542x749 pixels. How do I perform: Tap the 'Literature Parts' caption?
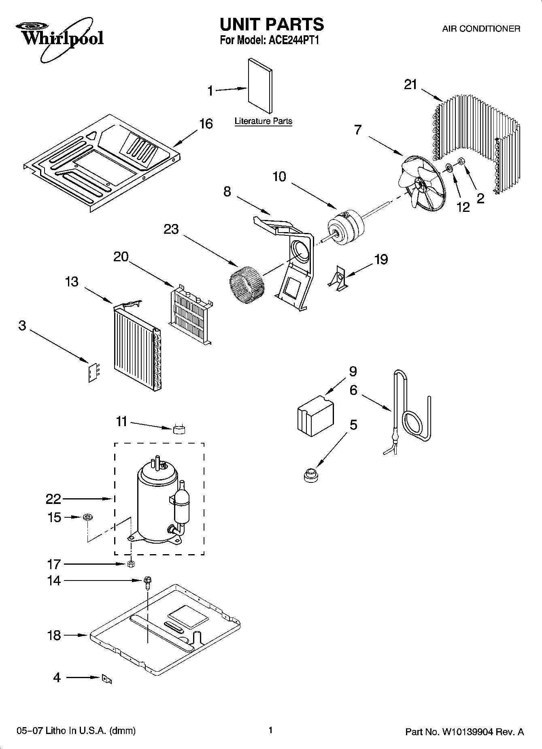(263, 121)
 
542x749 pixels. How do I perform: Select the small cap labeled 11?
(179, 429)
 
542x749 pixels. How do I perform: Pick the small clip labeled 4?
(107, 679)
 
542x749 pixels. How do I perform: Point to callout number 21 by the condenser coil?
(410, 85)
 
